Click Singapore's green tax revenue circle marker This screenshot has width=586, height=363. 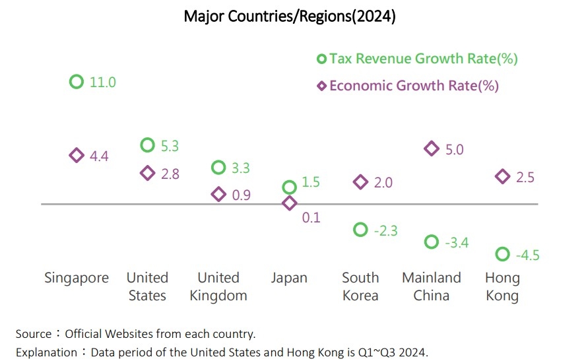[x=77, y=82]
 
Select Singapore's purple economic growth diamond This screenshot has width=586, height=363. [x=77, y=155]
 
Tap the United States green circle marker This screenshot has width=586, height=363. [x=148, y=145]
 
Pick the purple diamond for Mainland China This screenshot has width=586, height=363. [x=432, y=148]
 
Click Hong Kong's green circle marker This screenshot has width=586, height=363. [x=502, y=254]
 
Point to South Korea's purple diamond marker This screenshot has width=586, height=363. [x=360, y=182]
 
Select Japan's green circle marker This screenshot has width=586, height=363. [x=289, y=187]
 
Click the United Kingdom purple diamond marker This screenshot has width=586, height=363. [x=218, y=194]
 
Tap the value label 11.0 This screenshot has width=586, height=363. [x=102, y=82]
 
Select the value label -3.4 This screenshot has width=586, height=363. [x=456, y=243]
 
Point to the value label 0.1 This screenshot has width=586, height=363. [x=311, y=217]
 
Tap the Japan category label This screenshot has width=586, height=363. [x=289, y=278]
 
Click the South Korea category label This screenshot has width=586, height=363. [x=360, y=286]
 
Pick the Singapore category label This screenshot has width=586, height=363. [x=77, y=278]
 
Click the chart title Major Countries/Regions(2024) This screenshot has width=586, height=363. [x=290, y=16]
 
